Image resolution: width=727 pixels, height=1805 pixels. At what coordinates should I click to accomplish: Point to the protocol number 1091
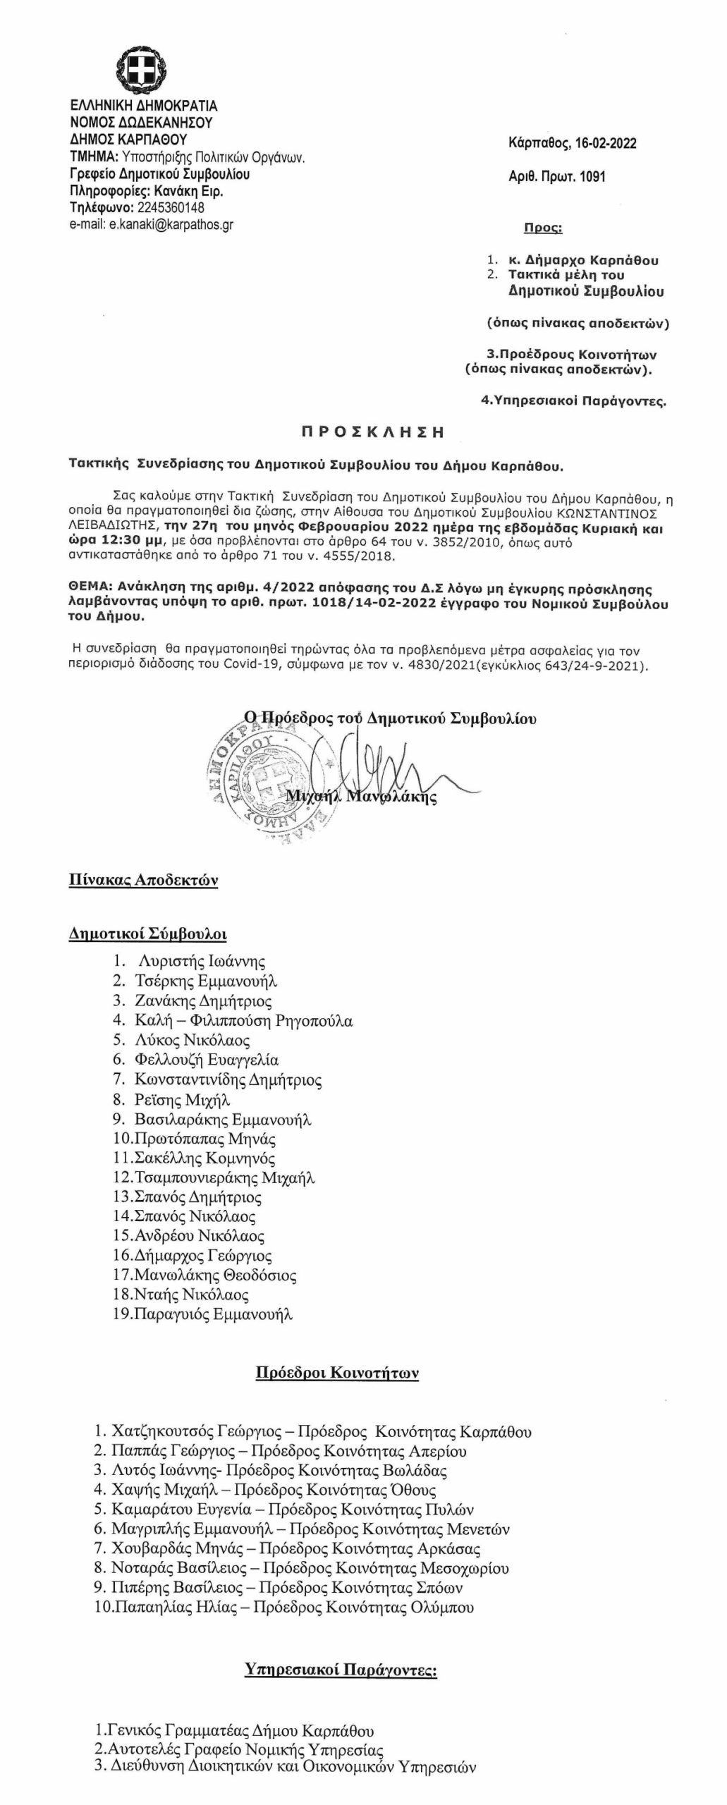(592, 176)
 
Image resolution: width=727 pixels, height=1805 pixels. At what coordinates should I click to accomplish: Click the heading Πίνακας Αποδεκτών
(143, 880)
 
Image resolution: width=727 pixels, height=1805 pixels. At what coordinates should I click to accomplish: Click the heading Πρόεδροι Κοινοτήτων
(336, 1373)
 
